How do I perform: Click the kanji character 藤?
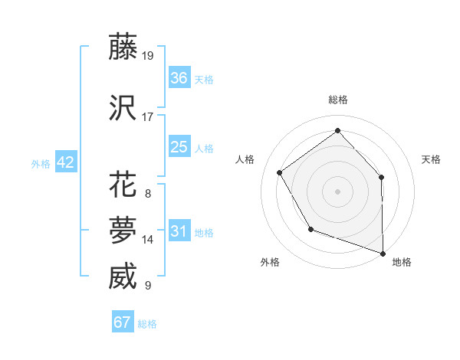123,47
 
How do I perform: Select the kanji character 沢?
123,109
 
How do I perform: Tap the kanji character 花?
123,185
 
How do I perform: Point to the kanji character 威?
123,277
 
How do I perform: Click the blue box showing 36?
179,78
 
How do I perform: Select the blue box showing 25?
179,147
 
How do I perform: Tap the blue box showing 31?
179,231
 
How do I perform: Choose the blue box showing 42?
65,162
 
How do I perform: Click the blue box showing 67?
123,322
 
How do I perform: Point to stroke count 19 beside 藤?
148,55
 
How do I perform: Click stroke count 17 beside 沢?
148,117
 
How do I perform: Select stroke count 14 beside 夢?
148,239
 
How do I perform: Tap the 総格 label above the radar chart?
337,100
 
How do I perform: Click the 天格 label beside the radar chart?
431,159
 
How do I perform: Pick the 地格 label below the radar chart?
402,262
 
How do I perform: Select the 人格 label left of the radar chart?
245,159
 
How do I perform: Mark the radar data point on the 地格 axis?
382,253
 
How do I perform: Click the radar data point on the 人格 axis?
280,172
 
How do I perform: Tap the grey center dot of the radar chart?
337,191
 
